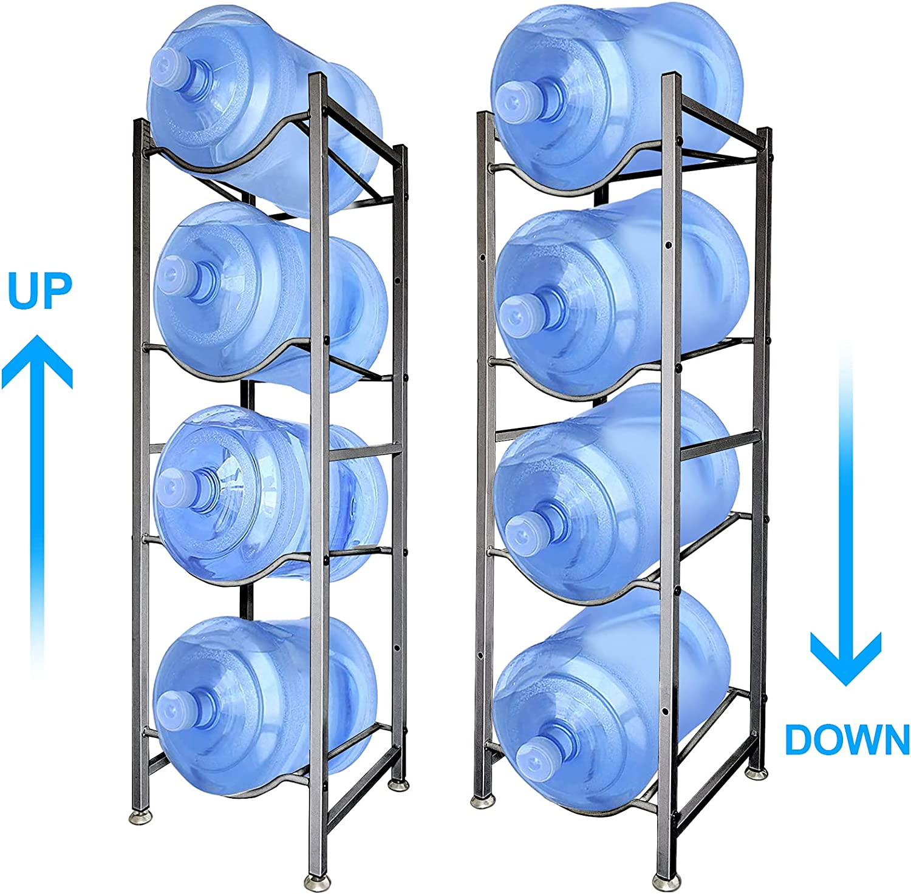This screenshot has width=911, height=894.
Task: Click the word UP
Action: [39, 290]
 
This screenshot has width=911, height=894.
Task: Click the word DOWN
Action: [847, 739]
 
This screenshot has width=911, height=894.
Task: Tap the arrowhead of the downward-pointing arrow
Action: [846, 657]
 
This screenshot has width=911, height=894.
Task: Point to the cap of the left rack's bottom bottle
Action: [174, 708]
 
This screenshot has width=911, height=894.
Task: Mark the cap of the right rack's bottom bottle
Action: [533, 759]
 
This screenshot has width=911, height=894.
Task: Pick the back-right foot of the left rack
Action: [399, 785]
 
